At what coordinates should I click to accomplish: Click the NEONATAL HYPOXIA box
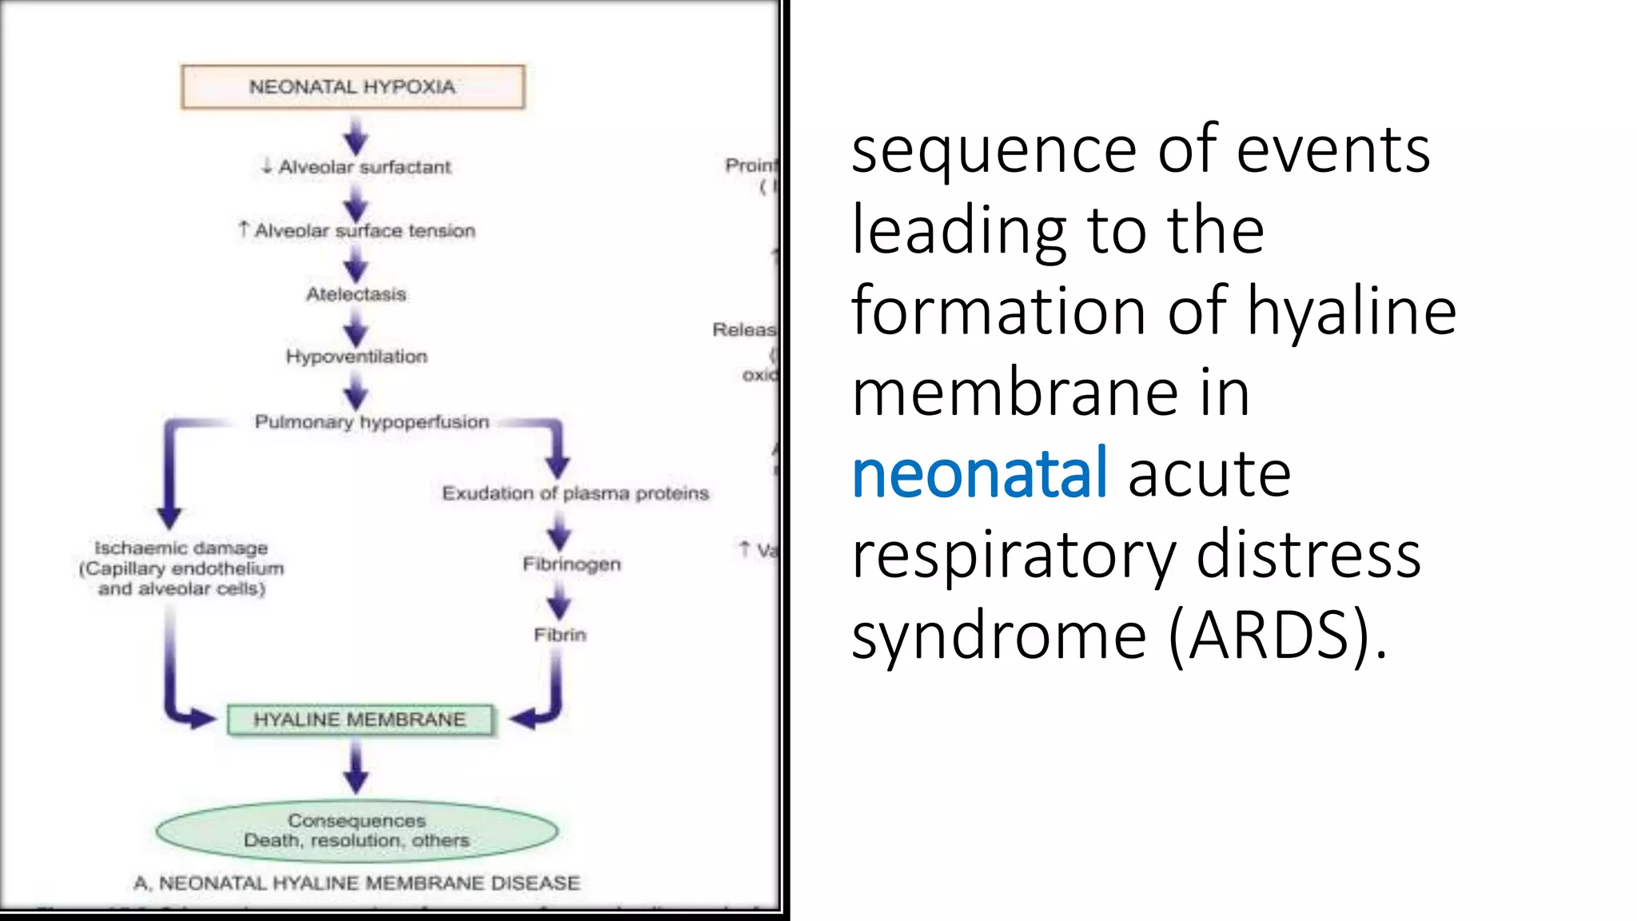(x=352, y=86)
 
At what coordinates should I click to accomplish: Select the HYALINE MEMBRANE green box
(x=360, y=720)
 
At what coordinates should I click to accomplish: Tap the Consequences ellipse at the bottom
(x=356, y=831)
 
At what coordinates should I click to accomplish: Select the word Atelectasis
(x=356, y=294)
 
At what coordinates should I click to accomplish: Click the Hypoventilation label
(x=356, y=357)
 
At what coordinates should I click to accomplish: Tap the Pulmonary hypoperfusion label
(x=372, y=421)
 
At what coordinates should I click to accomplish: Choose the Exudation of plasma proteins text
(x=576, y=493)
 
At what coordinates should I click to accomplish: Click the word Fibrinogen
(x=572, y=564)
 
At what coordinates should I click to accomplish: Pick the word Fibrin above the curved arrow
(x=560, y=635)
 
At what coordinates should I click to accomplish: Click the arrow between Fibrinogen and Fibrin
(x=560, y=600)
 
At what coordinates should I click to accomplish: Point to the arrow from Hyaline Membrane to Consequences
(x=356, y=767)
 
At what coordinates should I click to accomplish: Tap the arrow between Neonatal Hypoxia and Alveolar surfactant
(x=356, y=135)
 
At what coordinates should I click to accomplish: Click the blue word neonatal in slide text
(x=979, y=473)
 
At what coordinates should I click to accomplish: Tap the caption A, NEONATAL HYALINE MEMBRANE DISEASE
(x=356, y=883)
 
